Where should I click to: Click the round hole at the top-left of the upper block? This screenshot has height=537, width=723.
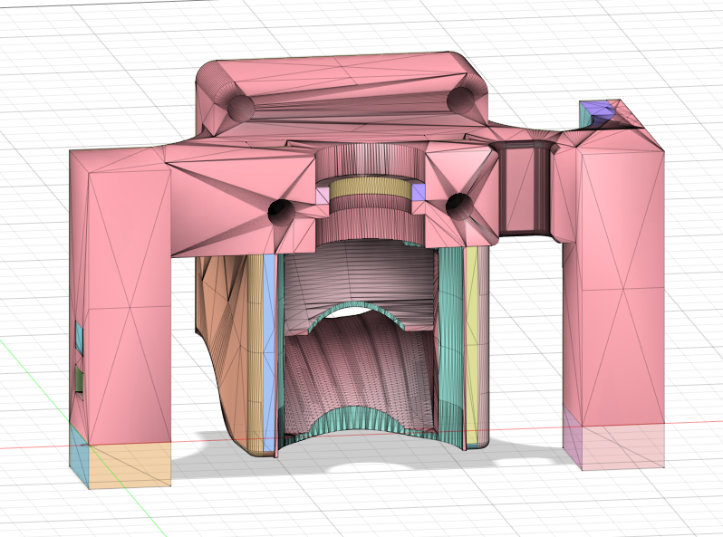[x=240, y=107]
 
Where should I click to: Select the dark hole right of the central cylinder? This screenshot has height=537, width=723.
[x=457, y=205]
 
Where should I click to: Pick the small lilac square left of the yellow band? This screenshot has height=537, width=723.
[x=323, y=194]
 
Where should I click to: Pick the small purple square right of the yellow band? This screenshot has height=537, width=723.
[x=419, y=191]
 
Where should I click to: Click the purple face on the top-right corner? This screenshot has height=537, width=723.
[x=594, y=113]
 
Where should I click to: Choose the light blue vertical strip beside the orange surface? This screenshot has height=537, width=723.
[x=269, y=353]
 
